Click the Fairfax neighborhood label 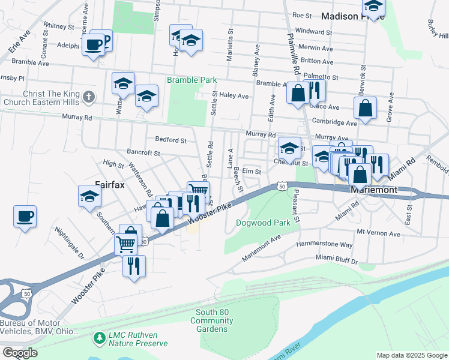coord(110,185)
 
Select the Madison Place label coord(343,16)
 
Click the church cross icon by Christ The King coord(89,97)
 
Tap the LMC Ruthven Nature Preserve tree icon coord(99,339)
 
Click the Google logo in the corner coord(19,352)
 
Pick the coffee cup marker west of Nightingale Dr coord(25,216)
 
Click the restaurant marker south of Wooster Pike coord(134,265)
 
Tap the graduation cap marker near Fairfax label coord(89,196)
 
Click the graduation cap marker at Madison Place coord(374,7)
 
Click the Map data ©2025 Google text coord(411,355)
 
